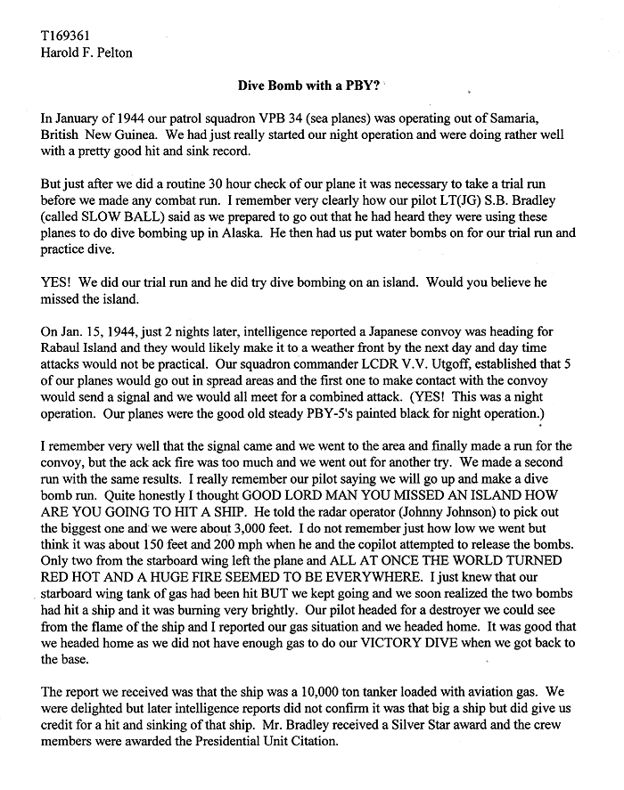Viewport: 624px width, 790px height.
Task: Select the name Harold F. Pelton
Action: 83,54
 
